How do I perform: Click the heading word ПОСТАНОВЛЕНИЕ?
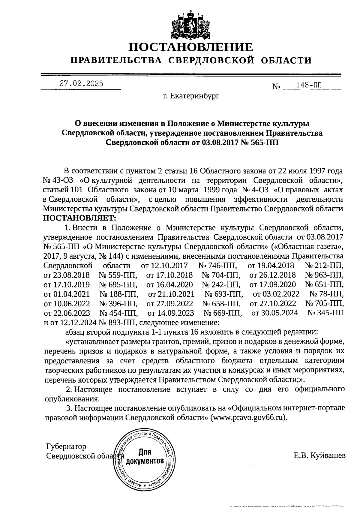191,47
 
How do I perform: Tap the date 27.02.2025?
81,84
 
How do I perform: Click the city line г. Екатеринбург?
191,96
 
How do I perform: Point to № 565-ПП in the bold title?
260,142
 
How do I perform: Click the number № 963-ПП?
324,275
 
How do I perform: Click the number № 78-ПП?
326,294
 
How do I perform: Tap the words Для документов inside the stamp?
145,456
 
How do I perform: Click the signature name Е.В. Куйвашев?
319,455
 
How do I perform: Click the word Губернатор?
66,446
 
